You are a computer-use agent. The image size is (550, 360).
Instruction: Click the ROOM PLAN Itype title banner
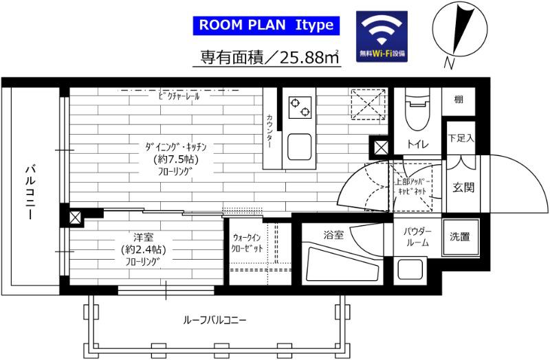(x=266, y=25)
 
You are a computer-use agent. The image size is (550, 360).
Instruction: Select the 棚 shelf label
(x=459, y=100)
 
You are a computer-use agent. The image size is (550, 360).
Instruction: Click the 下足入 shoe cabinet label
(x=461, y=137)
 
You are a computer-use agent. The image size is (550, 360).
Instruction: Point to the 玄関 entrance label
(x=463, y=187)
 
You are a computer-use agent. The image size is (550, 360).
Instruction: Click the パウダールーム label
(x=416, y=237)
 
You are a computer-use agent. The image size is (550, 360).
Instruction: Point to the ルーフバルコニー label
(x=214, y=319)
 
